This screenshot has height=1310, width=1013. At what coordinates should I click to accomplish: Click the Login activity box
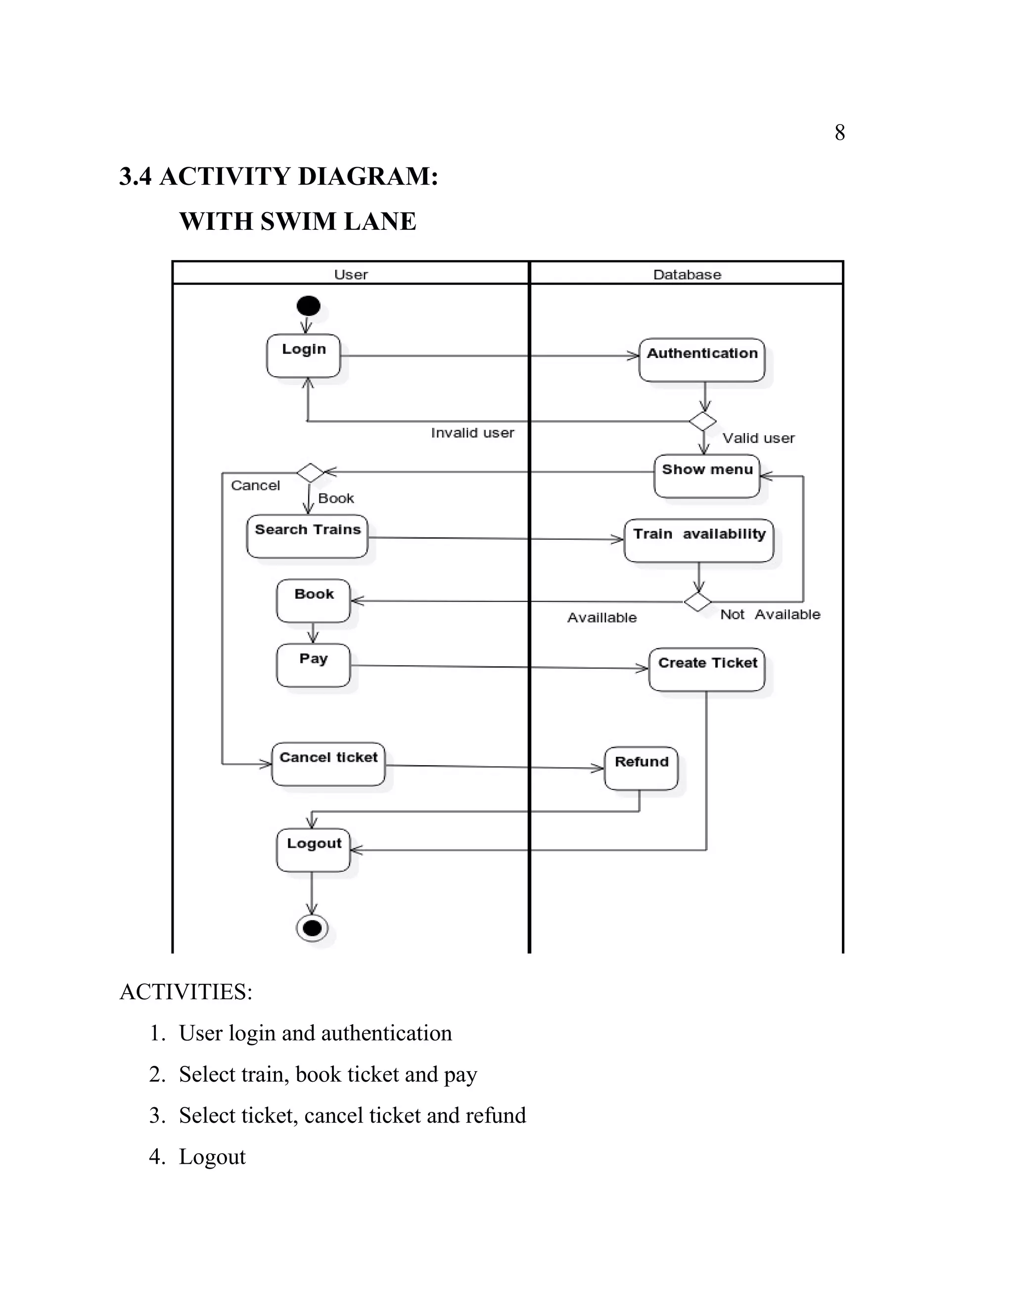click(304, 356)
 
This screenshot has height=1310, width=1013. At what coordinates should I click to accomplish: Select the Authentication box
click(701, 360)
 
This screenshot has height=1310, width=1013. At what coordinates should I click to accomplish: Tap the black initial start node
click(309, 306)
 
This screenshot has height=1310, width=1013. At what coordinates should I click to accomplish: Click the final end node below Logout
click(312, 928)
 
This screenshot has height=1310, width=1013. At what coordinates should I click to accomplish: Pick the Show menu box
click(706, 476)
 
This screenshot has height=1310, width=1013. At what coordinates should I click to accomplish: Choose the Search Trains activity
click(307, 536)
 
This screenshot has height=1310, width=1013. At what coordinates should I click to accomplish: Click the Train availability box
click(698, 540)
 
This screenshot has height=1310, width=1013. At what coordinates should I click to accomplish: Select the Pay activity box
click(313, 665)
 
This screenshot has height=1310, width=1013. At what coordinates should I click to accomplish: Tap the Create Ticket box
click(706, 669)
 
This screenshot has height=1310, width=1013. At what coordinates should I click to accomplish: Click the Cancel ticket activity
click(328, 764)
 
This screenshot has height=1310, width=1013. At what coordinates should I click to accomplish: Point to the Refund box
click(641, 768)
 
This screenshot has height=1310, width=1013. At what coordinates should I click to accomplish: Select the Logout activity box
click(313, 850)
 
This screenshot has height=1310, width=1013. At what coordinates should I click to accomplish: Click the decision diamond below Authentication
click(702, 421)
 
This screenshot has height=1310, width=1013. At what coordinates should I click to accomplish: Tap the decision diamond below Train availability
click(697, 601)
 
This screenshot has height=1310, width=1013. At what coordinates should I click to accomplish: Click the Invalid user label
click(472, 433)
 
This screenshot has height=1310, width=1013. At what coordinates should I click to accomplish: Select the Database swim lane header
click(687, 275)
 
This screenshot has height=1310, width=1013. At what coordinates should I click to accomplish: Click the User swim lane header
click(351, 275)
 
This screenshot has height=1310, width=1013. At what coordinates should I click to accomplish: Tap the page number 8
click(839, 132)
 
